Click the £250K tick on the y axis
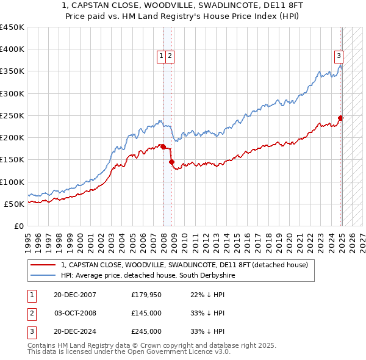(x=12, y=115)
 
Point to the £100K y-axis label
(x=12, y=182)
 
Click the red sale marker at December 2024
(x=341, y=118)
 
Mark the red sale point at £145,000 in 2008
(x=172, y=162)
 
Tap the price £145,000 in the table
(x=146, y=313)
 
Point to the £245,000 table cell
(x=146, y=331)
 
